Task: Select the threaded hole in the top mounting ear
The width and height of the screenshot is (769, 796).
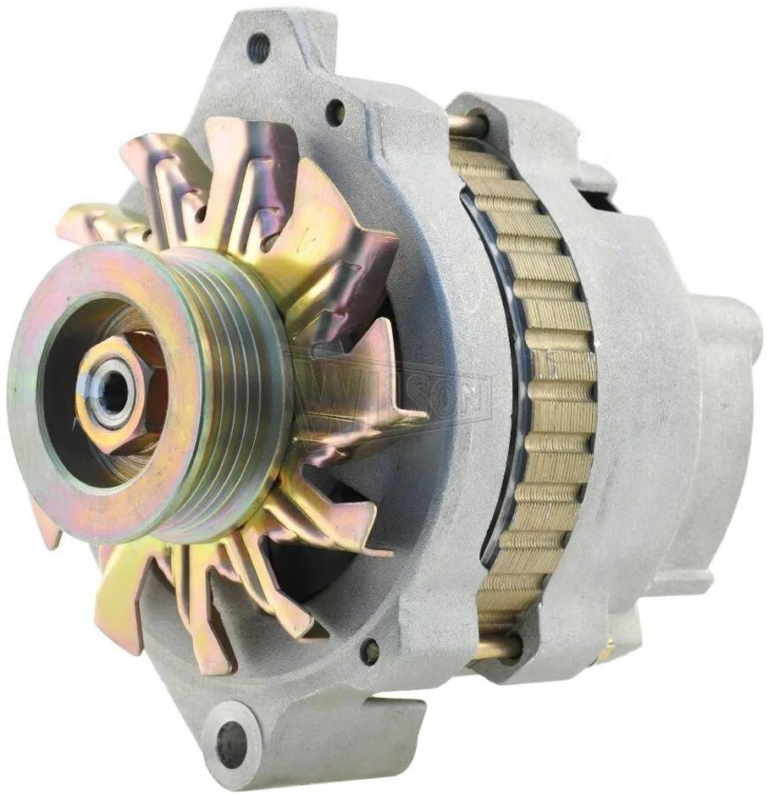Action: [x=259, y=42]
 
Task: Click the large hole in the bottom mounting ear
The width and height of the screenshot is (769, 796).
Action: [x=231, y=732]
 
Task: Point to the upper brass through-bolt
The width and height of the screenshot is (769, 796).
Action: [x=464, y=122]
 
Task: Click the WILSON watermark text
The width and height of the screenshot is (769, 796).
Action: [x=390, y=392]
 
